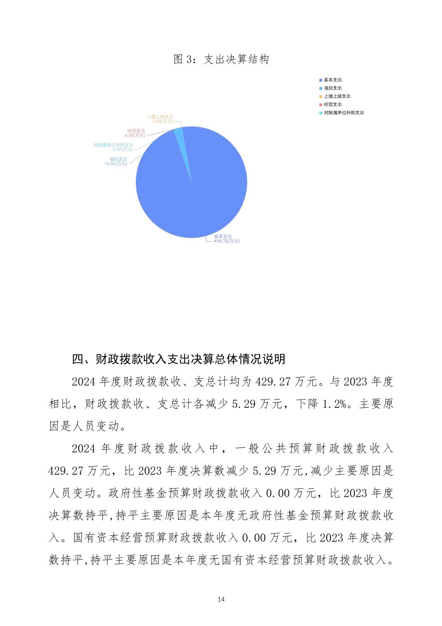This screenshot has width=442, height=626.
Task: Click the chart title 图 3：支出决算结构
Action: (x=221, y=59)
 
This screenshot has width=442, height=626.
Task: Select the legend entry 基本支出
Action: (x=333, y=80)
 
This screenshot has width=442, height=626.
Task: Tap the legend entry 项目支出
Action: (x=333, y=88)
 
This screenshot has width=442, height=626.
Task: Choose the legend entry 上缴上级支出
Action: (x=337, y=96)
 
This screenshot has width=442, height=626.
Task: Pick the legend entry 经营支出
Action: (x=333, y=105)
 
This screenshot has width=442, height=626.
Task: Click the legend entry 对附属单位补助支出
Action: (x=344, y=113)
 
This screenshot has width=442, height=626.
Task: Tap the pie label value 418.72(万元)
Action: (x=226, y=241)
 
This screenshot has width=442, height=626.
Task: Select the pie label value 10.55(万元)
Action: (x=116, y=164)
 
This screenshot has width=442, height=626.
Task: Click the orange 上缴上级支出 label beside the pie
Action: (x=160, y=117)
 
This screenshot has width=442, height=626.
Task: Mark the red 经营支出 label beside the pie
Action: (x=136, y=131)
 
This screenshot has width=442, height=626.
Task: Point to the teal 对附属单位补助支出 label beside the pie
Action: (x=114, y=145)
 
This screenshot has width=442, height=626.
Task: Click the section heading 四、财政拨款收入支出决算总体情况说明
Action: (x=179, y=359)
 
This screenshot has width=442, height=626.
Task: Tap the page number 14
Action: (x=221, y=599)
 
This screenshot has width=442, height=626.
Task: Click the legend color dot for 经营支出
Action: (x=321, y=105)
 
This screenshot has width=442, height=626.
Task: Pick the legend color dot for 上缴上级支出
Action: (x=321, y=96)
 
